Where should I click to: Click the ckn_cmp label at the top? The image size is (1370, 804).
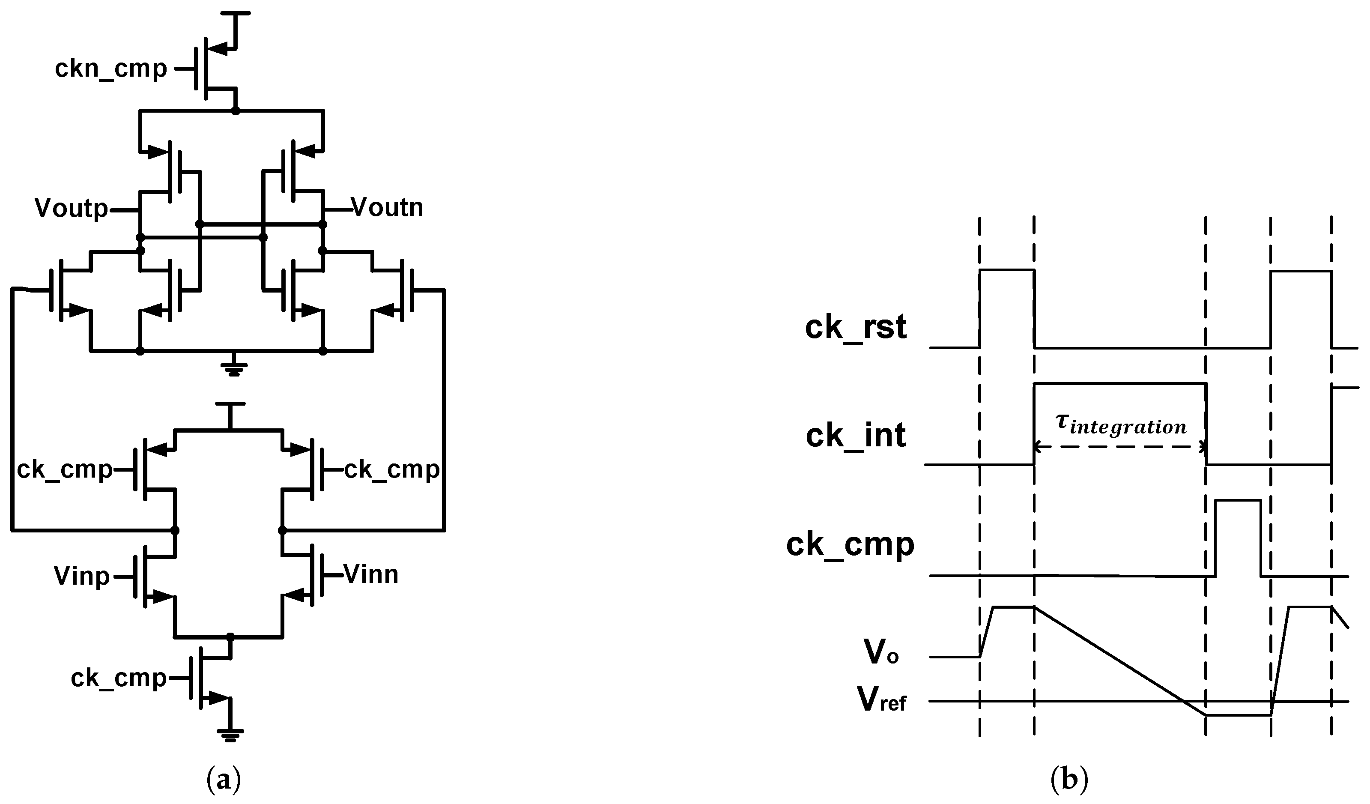click(111, 69)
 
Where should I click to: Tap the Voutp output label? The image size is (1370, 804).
click(71, 208)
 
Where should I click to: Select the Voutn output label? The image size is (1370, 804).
click(387, 207)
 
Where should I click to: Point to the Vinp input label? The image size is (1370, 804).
click(81, 576)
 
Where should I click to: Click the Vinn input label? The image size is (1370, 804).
click(371, 574)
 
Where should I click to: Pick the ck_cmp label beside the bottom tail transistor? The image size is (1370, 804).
click(119, 678)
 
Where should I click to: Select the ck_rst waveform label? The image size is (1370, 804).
click(855, 328)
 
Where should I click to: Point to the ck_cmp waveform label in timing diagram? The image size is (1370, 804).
click(850, 544)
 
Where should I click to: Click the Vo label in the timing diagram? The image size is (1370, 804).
click(881, 652)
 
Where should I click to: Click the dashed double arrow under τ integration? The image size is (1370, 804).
click(1120, 447)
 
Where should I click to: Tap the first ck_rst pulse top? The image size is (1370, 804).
click(1006, 270)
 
